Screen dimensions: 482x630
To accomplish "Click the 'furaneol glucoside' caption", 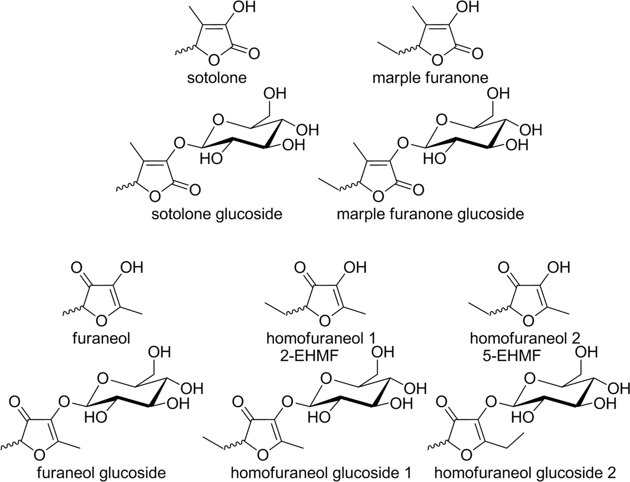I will pos(101,473).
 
